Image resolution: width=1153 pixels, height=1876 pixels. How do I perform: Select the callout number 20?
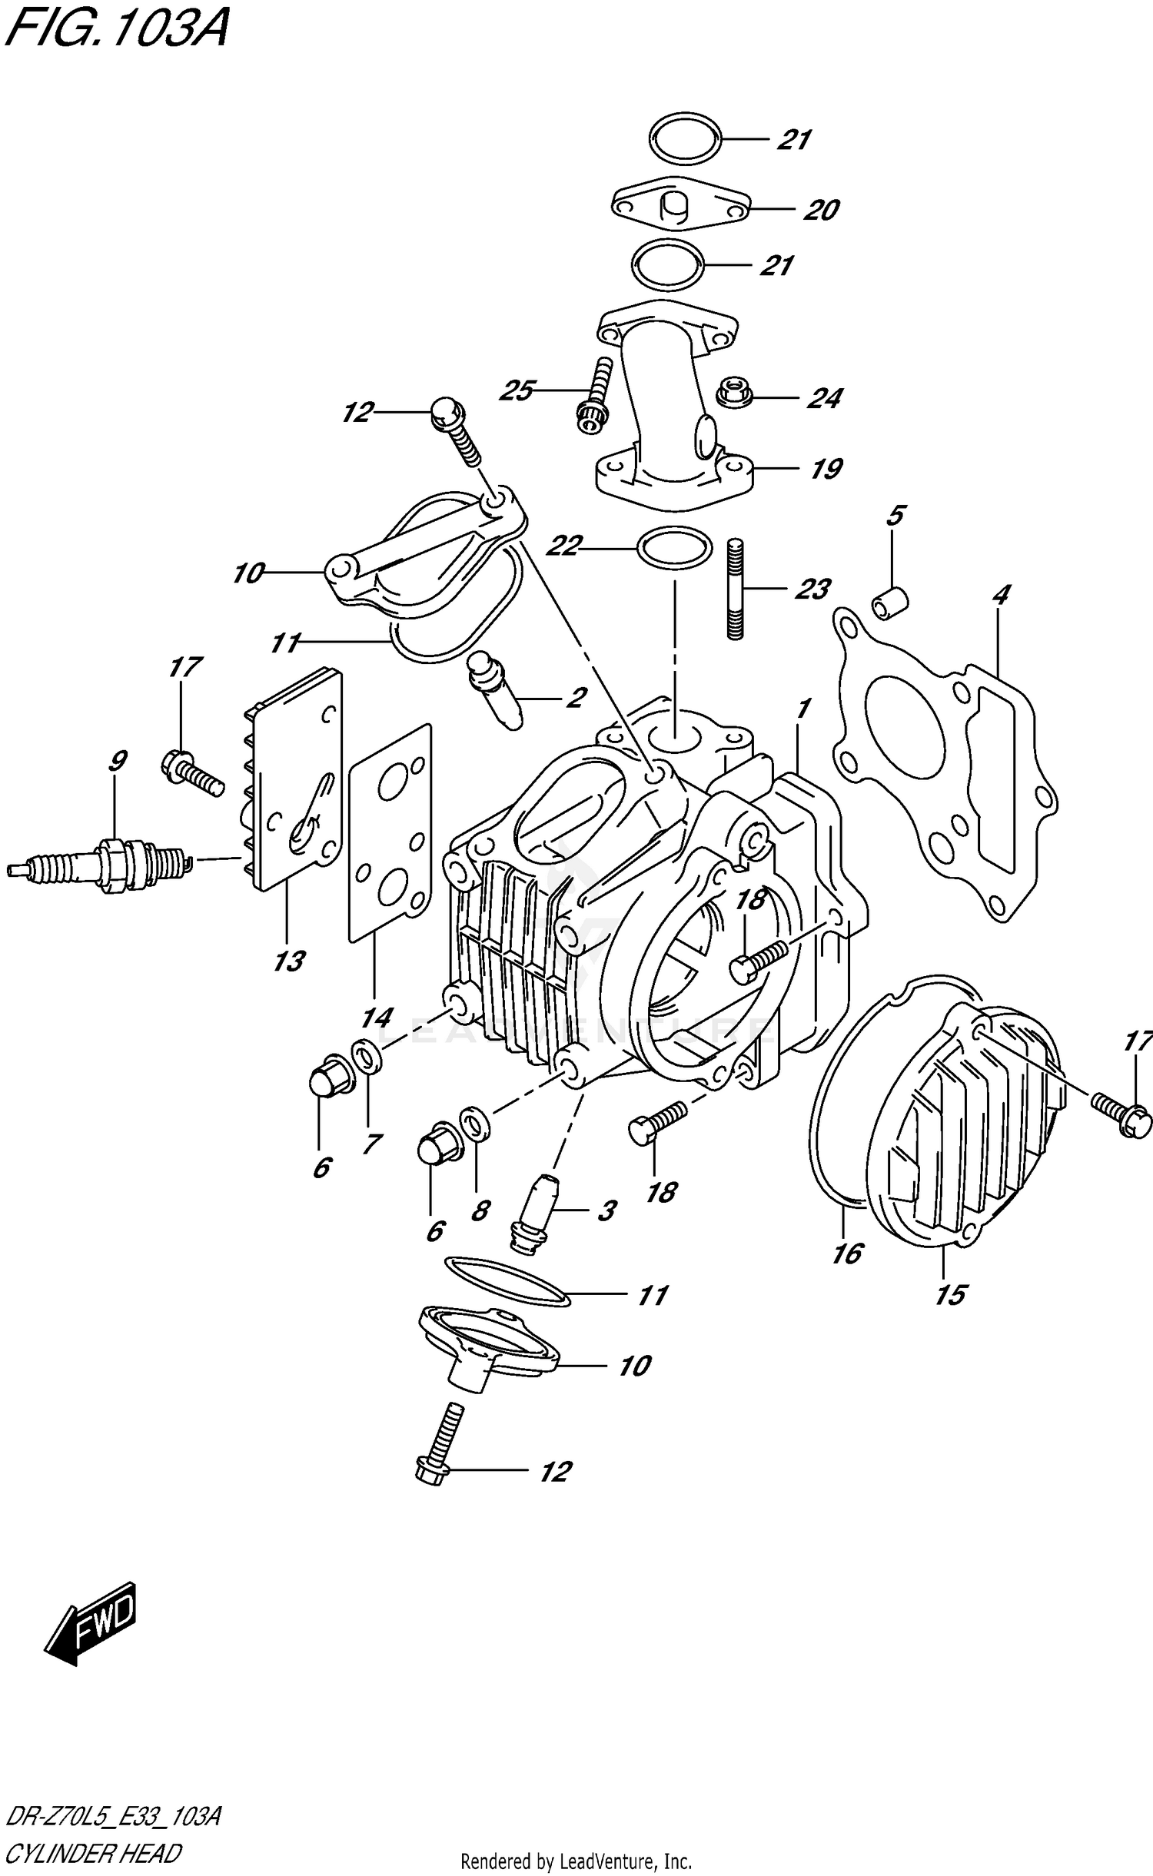pos(821,210)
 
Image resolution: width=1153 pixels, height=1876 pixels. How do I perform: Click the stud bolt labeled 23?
pos(736,589)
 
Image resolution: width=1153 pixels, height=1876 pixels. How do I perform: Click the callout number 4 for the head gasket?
pos(1000,594)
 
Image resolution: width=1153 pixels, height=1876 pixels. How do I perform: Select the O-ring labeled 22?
pos(673,549)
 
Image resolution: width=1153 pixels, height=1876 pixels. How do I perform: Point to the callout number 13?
pos(289,961)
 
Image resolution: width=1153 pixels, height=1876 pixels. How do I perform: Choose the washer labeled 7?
pos(367,1059)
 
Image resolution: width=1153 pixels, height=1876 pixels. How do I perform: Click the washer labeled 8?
pos(473,1127)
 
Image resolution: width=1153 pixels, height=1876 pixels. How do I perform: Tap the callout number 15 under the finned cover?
pos(950,1295)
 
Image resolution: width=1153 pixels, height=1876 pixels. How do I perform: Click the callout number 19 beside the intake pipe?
pos(826,468)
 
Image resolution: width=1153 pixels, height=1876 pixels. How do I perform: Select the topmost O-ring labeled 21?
pos(685,139)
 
